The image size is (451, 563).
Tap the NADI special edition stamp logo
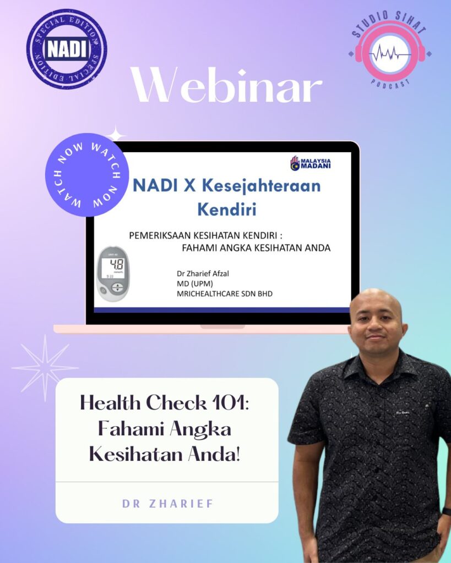click(67, 48)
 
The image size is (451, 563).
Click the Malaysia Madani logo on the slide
click(311, 163)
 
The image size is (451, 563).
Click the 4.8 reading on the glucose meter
click(117, 264)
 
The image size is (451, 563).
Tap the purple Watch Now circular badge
click(87, 175)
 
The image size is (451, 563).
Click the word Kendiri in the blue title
click(227, 209)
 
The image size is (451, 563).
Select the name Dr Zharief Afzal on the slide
click(203, 273)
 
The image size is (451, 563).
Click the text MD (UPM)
click(194, 284)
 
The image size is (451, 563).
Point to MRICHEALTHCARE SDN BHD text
click(225, 294)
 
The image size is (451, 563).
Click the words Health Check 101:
click(164, 402)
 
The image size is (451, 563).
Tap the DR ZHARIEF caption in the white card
click(167, 504)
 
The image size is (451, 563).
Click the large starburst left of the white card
click(45, 368)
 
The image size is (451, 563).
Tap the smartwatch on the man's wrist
click(447, 511)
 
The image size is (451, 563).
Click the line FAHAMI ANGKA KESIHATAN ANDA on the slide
click(256, 248)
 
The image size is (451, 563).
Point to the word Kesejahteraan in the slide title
click(261, 186)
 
